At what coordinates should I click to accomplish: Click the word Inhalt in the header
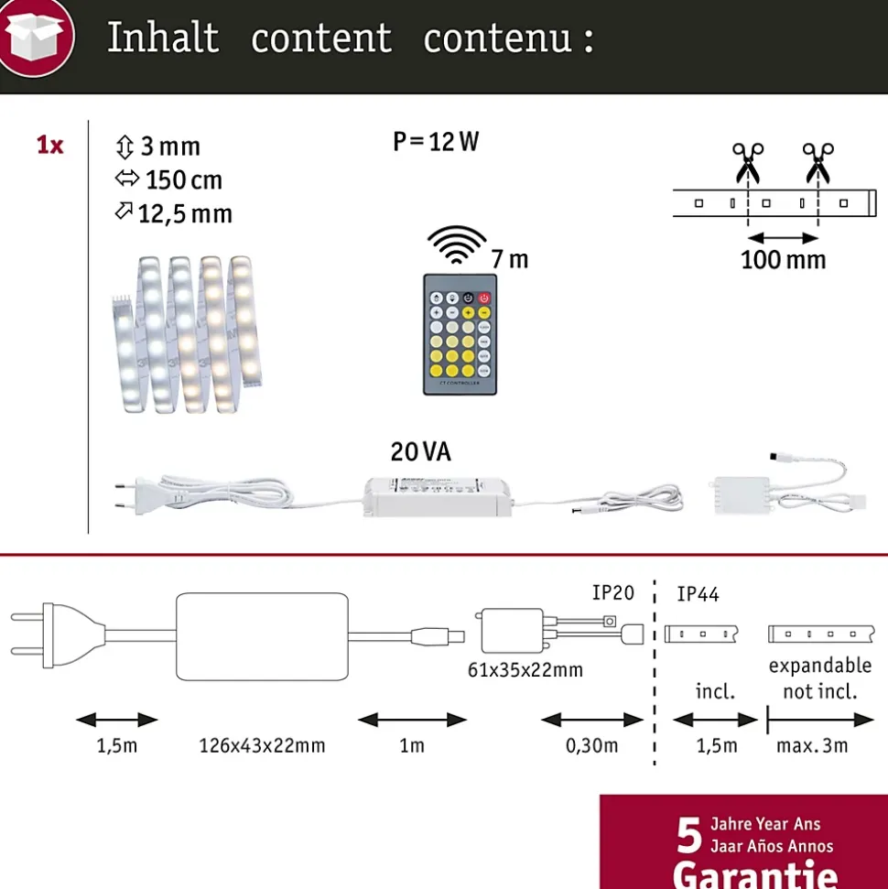point(163,38)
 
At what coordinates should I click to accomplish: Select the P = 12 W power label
point(436,142)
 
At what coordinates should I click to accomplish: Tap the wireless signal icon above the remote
point(457,243)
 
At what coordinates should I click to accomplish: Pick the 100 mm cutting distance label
point(783,260)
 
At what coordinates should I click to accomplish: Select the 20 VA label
point(421,452)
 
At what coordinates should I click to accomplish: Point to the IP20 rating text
point(612,593)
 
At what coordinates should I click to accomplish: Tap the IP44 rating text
point(698,595)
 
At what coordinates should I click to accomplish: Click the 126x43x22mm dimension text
point(262,745)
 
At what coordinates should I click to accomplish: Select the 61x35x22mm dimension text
point(525,670)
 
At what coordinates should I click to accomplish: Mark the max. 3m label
point(812,745)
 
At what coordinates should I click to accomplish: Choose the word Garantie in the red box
point(755,869)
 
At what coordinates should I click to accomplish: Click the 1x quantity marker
point(49,145)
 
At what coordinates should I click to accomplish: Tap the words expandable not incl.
point(819,678)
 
